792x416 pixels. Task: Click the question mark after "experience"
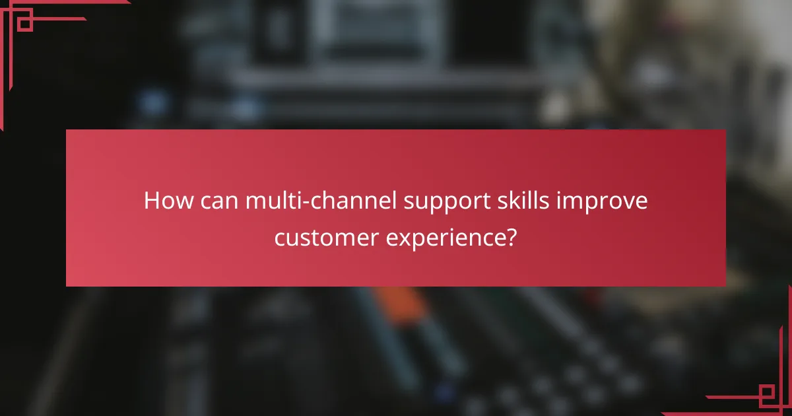tap(511, 236)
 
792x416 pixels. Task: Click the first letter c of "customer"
tap(280, 236)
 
